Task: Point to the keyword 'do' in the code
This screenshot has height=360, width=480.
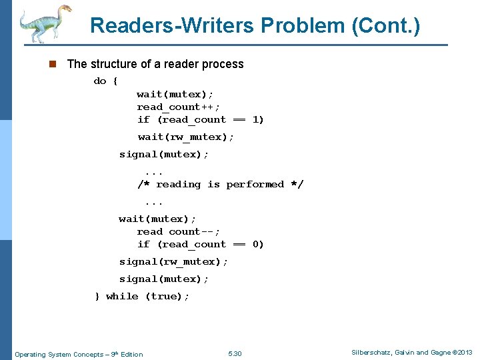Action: [x=100, y=81]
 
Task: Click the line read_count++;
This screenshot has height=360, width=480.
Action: [x=178, y=107]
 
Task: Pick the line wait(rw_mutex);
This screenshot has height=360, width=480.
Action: [x=186, y=137]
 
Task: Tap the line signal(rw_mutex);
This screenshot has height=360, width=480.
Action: [x=173, y=262]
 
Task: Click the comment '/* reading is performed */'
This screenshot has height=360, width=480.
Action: [x=220, y=185]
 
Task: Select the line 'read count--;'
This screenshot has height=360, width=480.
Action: [x=178, y=232]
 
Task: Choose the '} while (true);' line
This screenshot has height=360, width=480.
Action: [x=142, y=297]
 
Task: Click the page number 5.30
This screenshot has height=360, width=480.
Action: [x=235, y=354]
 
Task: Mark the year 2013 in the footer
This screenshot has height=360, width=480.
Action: [x=464, y=353]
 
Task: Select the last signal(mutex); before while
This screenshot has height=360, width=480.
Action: [x=164, y=279]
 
